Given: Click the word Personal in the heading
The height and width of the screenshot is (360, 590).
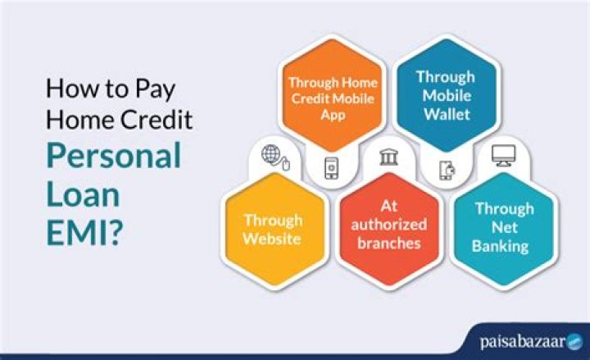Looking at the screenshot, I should (x=114, y=156).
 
